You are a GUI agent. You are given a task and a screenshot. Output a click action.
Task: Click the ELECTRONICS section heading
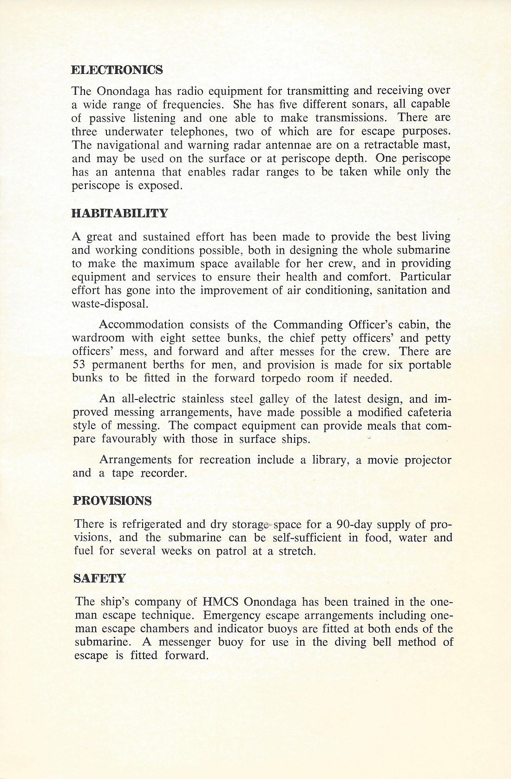[x=117, y=70]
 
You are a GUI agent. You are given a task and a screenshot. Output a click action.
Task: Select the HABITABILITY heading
[x=120, y=214]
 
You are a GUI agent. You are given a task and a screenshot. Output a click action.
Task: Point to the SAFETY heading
[x=100, y=578]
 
